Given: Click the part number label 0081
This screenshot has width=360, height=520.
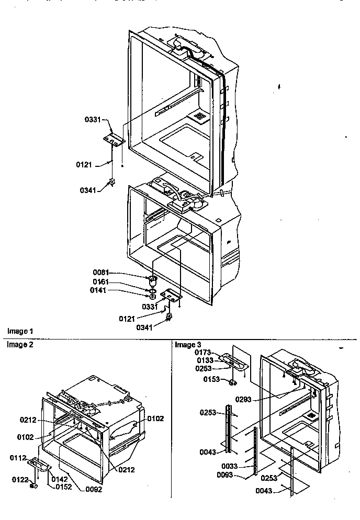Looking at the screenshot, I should (x=101, y=273).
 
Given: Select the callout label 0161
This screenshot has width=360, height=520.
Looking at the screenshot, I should (x=101, y=281).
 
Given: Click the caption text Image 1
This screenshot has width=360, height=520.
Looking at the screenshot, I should (x=20, y=331).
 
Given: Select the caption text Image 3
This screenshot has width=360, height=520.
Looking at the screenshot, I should (x=188, y=345).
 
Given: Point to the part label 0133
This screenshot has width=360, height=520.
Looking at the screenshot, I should (x=205, y=361).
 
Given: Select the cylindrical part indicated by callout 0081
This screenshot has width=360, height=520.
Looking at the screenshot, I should (x=153, y=278).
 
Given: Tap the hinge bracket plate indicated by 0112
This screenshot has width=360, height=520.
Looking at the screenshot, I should (x=40, y=462).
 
